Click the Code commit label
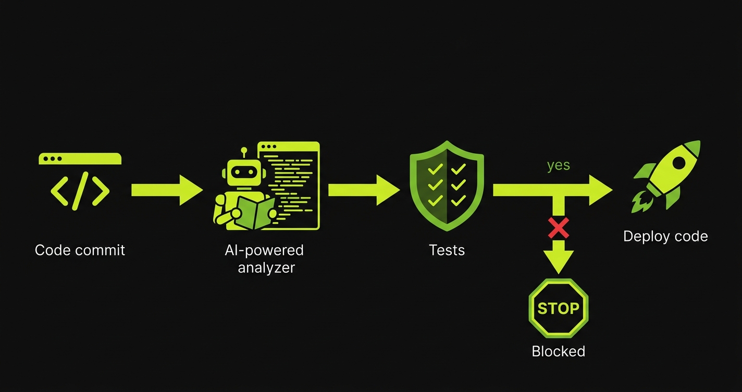point(80,250)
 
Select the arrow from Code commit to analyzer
point(167,190)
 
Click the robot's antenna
point(243,152)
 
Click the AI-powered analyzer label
point(264,259)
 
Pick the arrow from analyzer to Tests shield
point(364,190)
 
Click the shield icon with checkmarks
point(447,185)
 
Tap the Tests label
point(447,250)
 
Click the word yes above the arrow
point(558,165)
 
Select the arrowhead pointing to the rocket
point(600,190)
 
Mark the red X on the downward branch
point(558,227)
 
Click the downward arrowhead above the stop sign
point(558,259)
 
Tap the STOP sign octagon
point(558,308)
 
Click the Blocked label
point(558,351)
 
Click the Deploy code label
point(665,236)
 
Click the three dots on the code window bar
point(53,158)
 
